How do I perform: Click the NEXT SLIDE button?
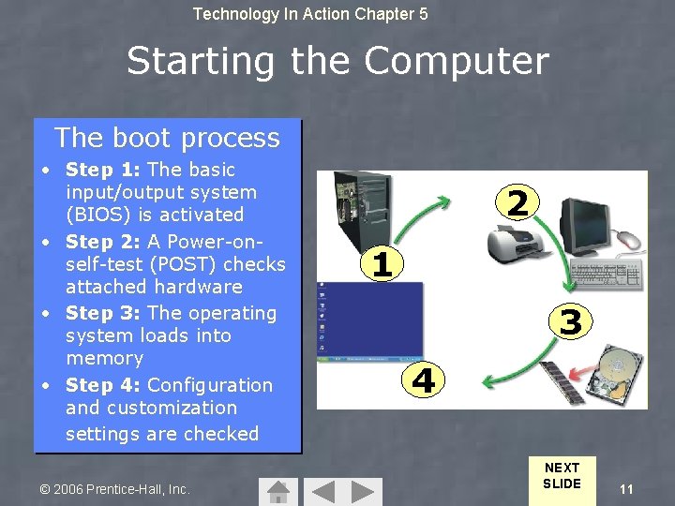pos(562,476)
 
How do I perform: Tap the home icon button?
pos(277,491)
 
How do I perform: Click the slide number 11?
pos(626,489)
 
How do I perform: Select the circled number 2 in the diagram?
pos(517,202)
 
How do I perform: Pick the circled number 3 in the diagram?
pos(570,322)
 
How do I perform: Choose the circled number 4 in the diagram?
pos(423,380)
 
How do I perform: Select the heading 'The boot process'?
pos(167,138)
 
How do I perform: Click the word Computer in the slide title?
pos(456,62)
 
